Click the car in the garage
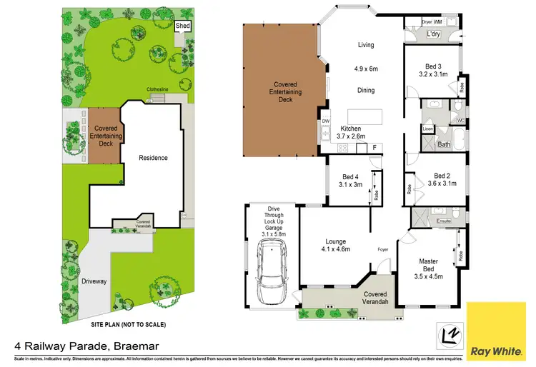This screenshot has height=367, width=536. pyautogui.click(x=271, y=272)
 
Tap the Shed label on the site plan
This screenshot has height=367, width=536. pyautogui.click(x=184, y=26)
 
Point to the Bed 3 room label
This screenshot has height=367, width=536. pyautogui.click(x=432, y=69)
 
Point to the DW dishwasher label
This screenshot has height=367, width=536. pyautogui.click(x=325, y=121)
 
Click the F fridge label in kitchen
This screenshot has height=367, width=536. pyautogui.click(x=374, y=148)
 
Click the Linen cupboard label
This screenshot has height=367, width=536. pyautogui.click(x=427, y=129)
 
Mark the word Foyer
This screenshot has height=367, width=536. pyautogui.click(x=383, y=249)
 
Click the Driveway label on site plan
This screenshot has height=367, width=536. pyautogui.click(x=94, y=281)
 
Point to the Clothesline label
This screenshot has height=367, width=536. pyautogui.click(x=157, y=89)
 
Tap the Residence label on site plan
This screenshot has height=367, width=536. pyautogui.click(x=153, y=158)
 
